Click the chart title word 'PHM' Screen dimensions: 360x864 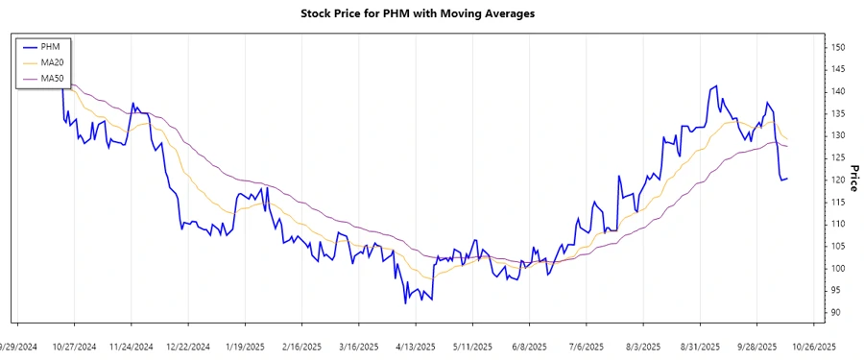(403, 14)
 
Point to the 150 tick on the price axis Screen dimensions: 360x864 (838, 47)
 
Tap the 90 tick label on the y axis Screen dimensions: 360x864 (836, 313)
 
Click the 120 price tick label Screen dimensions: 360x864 (838, 180)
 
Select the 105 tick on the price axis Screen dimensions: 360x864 (838, 247)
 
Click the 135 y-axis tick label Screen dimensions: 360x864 (838, 113)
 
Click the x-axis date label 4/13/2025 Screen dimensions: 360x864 (415, 346)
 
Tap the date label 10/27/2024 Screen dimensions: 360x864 (74, 346)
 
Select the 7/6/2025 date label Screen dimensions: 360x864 (586, 346)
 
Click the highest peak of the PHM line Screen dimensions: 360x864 (716, 85)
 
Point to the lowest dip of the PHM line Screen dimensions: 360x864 (406, 303)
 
